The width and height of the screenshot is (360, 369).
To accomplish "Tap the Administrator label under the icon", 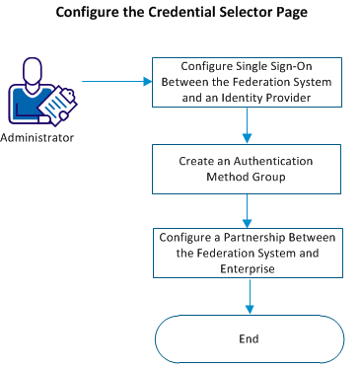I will [37, 138].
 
